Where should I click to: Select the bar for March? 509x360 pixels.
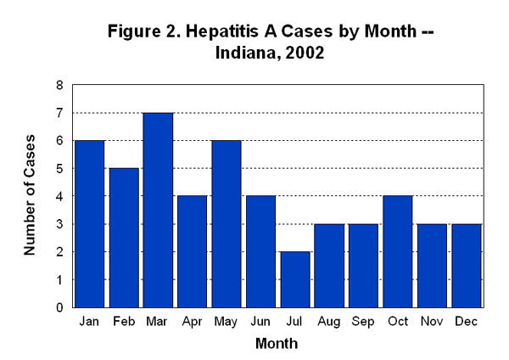pos(158,210)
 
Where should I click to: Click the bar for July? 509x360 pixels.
pos(294,279)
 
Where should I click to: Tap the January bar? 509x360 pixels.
pos(89,223)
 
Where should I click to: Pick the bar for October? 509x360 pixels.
pos(397,251)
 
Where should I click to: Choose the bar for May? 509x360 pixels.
pos(226,223)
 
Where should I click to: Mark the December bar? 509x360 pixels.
pos(466,265)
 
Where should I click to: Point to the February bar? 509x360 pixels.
pos(123,238)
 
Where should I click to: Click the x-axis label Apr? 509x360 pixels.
pos(192,322)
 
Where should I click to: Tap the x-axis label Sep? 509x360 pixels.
pos(363,322)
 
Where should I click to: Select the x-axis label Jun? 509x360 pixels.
pos(260,322)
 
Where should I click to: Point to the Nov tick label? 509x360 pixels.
pos(432,322)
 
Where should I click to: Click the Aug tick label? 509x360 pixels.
pos(329,322)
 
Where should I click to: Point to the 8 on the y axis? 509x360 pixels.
pos(59,85)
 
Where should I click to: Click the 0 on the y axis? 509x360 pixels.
pos(59,307)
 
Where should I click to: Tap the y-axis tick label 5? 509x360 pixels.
pos(59,168)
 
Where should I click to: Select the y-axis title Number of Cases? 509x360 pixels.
pos(31,195)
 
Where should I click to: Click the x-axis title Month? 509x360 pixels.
pos(277,344)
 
